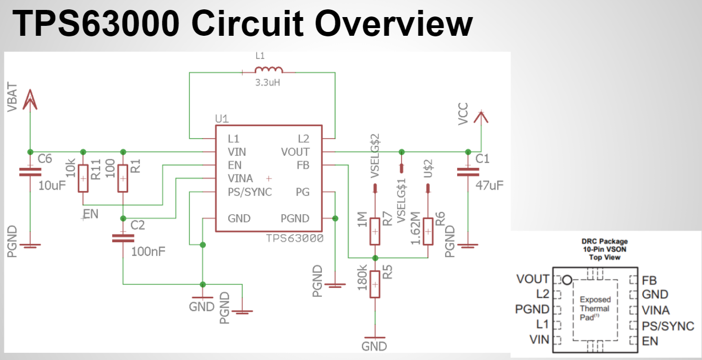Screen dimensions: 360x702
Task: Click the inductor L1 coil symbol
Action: click(268, 70)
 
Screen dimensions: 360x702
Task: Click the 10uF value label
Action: click(52, 185)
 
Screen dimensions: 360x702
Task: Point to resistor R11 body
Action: click(83, 178)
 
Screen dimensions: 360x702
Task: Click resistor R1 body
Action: click(123, 178)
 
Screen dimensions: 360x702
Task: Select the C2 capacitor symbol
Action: click(123, 238)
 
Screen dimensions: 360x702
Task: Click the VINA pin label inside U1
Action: click(240, 179)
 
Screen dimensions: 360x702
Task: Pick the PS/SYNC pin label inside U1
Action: click(250, 192)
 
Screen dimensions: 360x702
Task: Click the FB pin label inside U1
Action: click(303, 165)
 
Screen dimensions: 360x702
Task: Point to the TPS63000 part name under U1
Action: click(294, 238)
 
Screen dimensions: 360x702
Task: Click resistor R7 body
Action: click(375, 232)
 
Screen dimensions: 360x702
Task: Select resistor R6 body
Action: click(427, 232)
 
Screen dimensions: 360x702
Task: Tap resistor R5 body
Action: click(375, 284)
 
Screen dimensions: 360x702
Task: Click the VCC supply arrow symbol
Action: click(481, 117)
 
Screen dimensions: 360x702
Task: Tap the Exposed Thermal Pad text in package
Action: click(595, 308)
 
